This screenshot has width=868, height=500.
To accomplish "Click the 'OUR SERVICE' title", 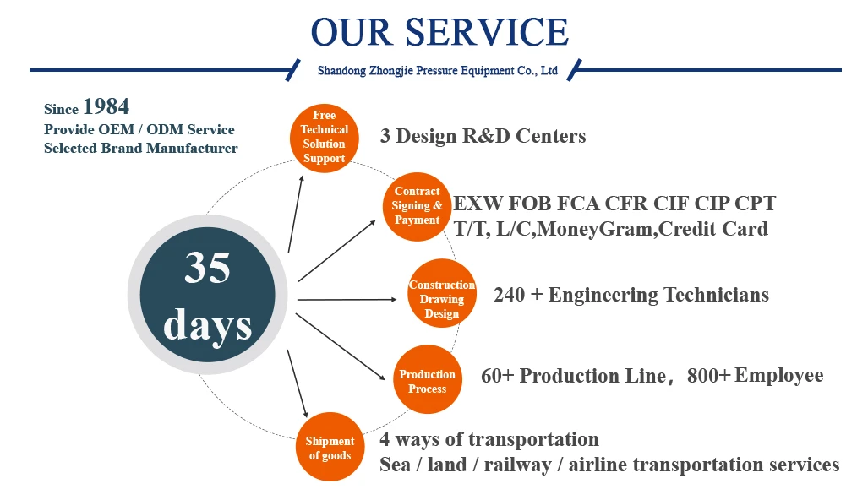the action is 439,32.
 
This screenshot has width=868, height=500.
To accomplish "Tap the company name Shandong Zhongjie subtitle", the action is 437,71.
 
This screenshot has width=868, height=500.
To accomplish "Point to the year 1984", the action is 106,106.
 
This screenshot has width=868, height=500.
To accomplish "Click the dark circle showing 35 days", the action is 208,295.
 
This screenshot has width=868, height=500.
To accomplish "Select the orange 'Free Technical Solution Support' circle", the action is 325,138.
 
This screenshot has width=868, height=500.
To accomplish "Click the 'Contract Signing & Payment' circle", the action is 417,206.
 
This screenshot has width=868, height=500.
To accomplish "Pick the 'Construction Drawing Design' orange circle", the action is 442,293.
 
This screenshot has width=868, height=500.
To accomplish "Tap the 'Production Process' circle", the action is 428,379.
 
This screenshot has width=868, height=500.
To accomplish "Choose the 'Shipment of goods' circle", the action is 330,447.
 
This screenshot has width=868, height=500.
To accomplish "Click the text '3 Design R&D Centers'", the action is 483,136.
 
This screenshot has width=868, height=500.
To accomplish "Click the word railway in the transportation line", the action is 517,465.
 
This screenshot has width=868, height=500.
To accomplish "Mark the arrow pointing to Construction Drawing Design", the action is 347,299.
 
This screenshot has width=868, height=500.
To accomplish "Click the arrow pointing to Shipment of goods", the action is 298,383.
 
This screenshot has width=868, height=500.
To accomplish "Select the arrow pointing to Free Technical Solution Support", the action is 296,214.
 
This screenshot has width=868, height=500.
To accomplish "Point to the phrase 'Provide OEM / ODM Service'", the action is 139,129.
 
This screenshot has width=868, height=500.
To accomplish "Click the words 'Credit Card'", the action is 713,229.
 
